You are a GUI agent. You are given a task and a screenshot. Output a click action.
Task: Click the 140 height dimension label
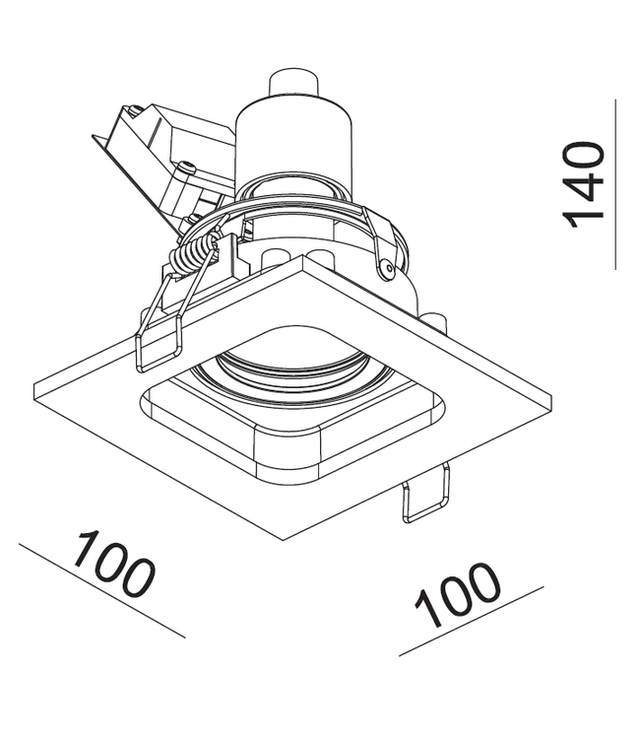[x=582, y=185]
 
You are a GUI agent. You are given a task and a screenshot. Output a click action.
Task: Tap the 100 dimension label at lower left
[x=113, y=564]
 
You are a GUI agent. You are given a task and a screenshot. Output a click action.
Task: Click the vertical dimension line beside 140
[x=615, y=184]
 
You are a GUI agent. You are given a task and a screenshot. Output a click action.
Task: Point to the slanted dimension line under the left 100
[x=102, y=591]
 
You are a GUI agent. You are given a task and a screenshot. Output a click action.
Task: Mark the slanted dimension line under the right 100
[x=472, y=621]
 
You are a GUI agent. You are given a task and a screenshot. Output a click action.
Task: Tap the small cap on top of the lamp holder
[x=292, y=85]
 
